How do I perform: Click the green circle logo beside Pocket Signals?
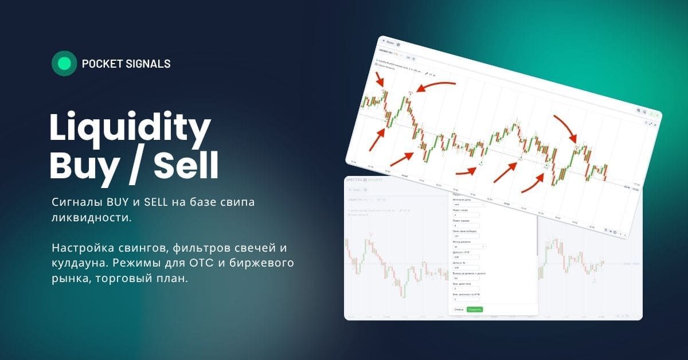click(64, 64)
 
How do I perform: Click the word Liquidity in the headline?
click(130, 129)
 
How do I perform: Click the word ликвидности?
click(87, 217)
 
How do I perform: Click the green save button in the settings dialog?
click(475, 310)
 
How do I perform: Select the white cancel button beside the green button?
click(459, 310)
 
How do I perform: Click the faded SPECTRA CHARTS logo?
click(364, 180)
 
